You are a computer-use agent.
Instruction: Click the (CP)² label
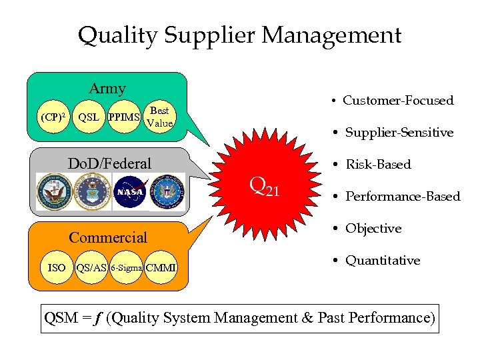point(53,117)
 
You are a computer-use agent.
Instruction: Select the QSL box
point(89,117)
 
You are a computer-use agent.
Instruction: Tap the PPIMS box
point(125,117)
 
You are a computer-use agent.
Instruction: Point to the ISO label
point(57,267)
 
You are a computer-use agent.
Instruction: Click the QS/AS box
point(91,267)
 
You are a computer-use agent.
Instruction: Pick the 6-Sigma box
point(127,267)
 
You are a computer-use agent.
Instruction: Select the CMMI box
point(161,267)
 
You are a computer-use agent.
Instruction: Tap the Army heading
point(107,88)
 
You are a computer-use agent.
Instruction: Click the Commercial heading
point(108,237)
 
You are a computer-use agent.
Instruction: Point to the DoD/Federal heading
point(110,163)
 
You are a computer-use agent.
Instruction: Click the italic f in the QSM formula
point(97,317)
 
